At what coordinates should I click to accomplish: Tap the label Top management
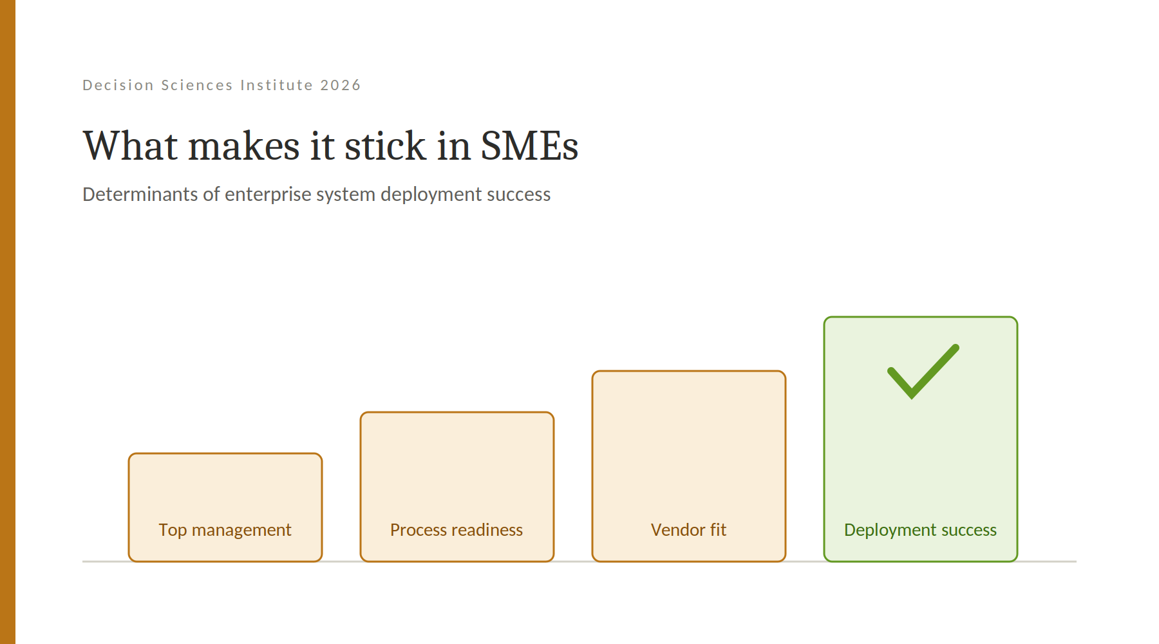click(225, 530)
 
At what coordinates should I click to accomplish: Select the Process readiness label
click(457, 530)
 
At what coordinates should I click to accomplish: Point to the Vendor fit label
click(688, 530)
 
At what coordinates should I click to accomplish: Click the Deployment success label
click(920, 530)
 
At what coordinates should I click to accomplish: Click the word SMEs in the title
click(529, 146)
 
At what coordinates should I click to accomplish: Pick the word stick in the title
click(385, 146)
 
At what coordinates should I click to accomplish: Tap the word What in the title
click(130, 146)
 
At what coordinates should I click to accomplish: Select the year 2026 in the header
click(341, 85)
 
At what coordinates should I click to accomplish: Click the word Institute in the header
click(276, 85)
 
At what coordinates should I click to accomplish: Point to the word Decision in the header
click(118, 85)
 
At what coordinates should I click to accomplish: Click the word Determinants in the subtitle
click(140, 194)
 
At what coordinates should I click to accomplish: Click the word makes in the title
click(244, 146)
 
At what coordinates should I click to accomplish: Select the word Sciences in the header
click(197, 85)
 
